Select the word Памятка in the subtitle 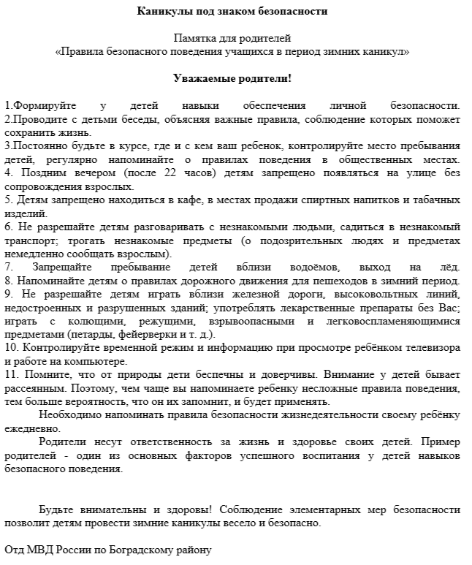click(x=194, y=38)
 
